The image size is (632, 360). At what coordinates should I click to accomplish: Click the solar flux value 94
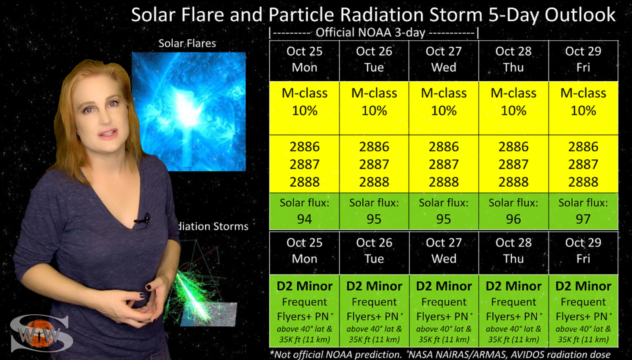[x=304, y=219]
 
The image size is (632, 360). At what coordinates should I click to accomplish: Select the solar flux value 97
[x=583, y=219]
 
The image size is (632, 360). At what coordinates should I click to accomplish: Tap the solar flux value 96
[x=513, y=219]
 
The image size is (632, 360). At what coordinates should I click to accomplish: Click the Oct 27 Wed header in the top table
[x=444, y=59]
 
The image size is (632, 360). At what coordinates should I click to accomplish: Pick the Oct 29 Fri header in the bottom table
[x=583, y=251]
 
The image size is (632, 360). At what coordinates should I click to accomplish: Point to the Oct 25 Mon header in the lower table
[x=304, y=251]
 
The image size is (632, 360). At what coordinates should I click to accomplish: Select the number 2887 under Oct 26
[x=374, y=164]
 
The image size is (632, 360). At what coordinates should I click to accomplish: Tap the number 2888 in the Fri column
[x=583, y=182]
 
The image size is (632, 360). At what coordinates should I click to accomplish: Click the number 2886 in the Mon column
[x=304, y=147]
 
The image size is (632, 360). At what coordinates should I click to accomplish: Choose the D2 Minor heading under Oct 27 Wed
[x=444, y=286]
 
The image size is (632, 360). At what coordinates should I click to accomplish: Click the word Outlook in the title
[x=580, y=15]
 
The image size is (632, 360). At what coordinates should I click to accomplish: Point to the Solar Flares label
[x=187, y=44]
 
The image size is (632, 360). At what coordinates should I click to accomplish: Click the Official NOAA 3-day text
[x=370, y=33]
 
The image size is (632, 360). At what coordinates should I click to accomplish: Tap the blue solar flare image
[x=188, y=111]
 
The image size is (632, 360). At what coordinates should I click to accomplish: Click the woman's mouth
[x=108, y=133]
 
